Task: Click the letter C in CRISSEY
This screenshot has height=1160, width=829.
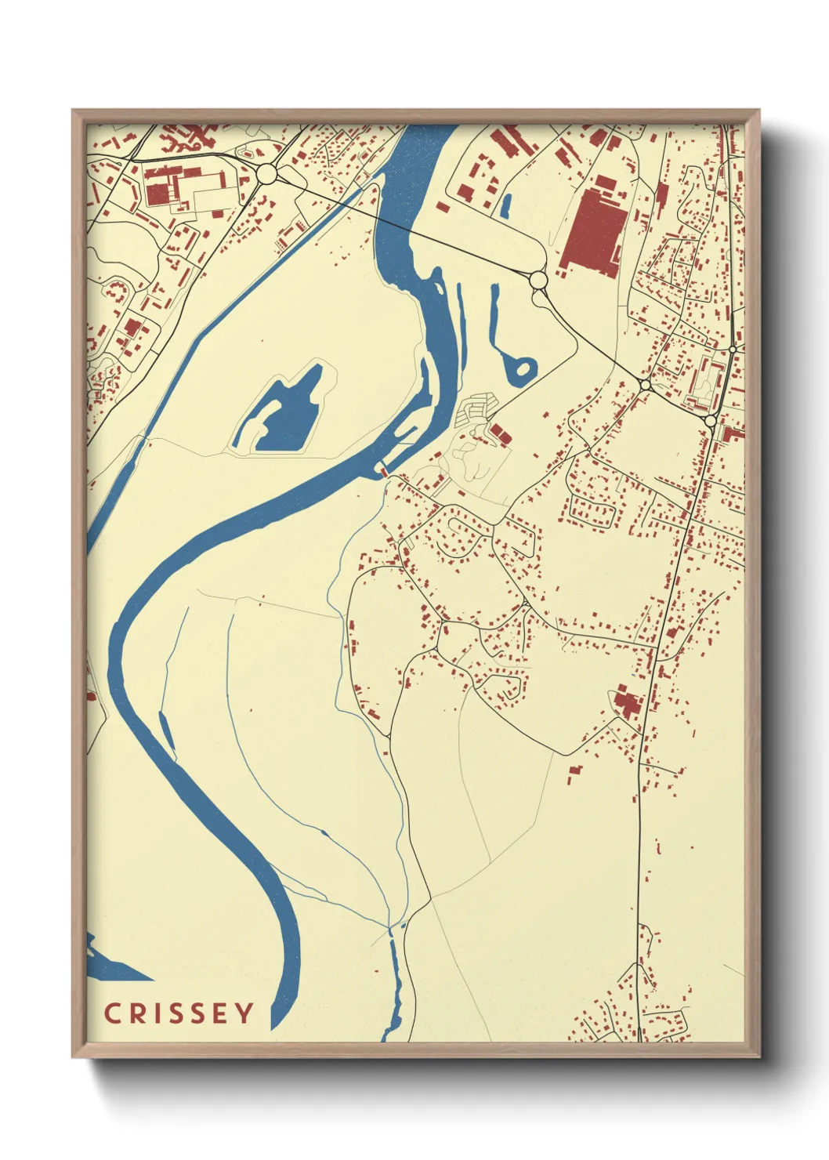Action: tap(112, 1013)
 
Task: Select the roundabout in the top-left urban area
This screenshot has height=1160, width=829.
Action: tap(266, 174)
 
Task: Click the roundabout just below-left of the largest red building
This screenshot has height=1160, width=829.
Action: tap(538, 280)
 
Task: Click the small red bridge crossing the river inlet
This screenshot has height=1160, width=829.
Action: tap(382, 470)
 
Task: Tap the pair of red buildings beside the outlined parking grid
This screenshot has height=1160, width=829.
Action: tap(498, 431)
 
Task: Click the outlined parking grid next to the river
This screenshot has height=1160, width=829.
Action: tap(474, 409)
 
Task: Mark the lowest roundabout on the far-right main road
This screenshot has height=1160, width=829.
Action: tap(710, 421)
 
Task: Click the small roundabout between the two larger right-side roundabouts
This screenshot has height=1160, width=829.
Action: tap(644, 385)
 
